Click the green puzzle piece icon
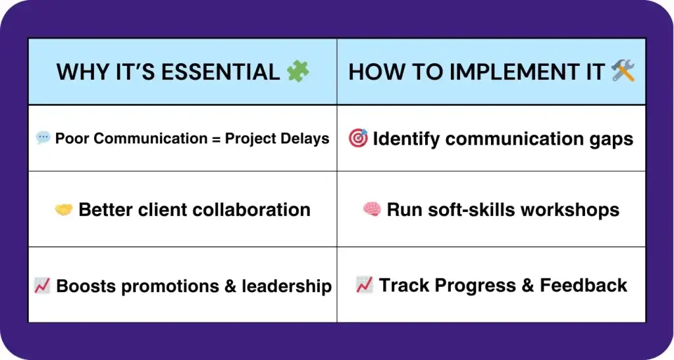click(x=298, y=71)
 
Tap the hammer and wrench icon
click(x=623, y=71)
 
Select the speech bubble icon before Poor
click(x=43, y=138)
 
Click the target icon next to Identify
click(x=358, y=138)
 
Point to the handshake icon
click(x=63, y=210)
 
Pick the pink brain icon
click(x=372, y=210)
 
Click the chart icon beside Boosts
click(x=42, y=286)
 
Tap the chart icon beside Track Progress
click(x=365, y=285)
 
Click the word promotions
click(x=174, y=286)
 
